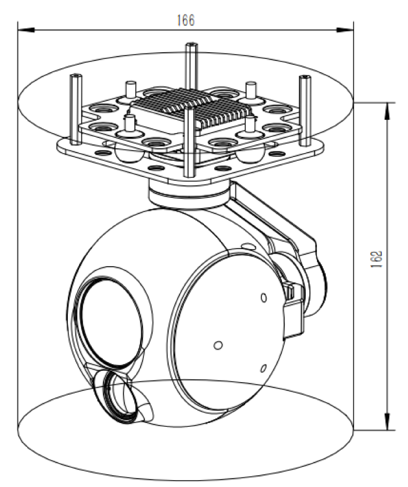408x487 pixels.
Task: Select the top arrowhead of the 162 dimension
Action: pos(390,107)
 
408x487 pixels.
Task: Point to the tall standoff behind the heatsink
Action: pos(190,66)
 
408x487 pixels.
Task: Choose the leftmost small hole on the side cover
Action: pos(218,345)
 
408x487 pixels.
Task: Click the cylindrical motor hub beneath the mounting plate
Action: pos(187,194)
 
